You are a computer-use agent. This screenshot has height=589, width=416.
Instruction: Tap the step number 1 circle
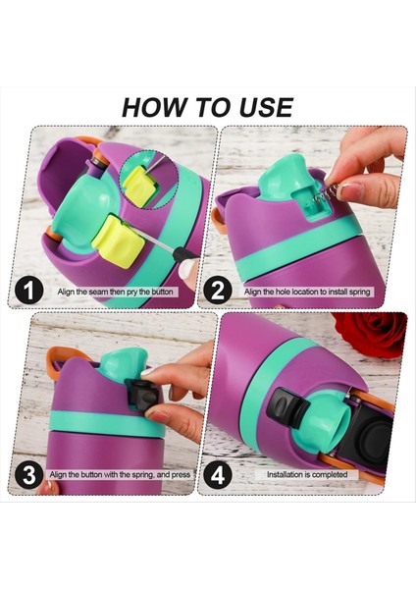pos(28,291)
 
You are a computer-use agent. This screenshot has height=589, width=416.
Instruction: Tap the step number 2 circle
pos(218,291)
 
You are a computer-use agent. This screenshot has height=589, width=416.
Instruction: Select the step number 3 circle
pos(28,475)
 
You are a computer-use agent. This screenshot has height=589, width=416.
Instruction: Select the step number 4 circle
pos(218,475)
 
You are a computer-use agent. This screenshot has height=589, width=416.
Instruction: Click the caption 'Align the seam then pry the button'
pos(115,292)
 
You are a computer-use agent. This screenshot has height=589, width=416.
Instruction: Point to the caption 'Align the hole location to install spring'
pos(307,292)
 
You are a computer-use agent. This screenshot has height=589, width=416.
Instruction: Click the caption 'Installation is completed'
pos(307,474)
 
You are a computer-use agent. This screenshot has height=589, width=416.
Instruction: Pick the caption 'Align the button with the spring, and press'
pos(120,475)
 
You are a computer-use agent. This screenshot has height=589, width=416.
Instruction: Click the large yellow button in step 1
pos(118,241)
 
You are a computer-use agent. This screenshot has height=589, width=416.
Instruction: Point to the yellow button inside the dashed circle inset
pos(138,187)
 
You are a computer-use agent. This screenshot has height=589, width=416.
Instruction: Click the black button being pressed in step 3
pos(140,395)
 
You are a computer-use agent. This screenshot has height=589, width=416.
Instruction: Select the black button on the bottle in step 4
pos(286,407)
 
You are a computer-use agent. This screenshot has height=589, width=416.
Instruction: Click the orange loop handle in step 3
pos(65,357)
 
